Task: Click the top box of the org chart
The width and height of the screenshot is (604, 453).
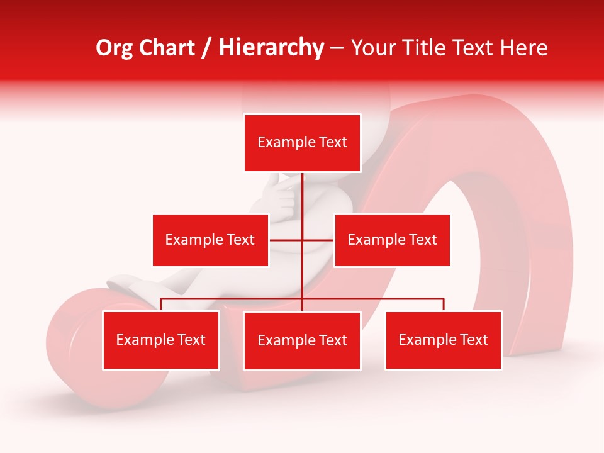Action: [x=302, y=143]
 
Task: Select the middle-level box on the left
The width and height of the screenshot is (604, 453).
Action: [x=210, y=240]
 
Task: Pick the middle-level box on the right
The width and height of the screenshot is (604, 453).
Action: [x=392, y=240]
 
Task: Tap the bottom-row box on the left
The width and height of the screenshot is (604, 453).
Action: [x=161, y=340]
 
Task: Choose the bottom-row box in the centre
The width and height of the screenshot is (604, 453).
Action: [x=302, y=340]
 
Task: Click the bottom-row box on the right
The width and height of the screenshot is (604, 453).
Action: [x=444, y=340]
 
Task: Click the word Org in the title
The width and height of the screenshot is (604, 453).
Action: [x=114, y=48]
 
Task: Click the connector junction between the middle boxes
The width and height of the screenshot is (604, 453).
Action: [x=302, y=240]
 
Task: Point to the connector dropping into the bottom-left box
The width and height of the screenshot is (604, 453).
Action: [x=161, y=305]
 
